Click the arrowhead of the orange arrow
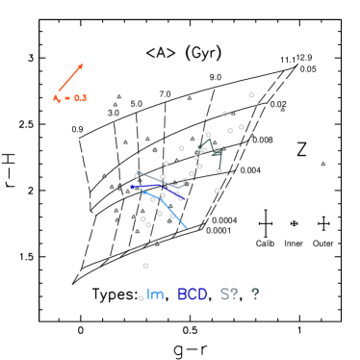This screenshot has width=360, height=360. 83,64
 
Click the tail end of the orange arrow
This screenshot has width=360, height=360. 58,92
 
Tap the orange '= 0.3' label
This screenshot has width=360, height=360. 70,98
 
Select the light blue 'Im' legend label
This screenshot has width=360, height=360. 155,295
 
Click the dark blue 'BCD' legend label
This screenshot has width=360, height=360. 193,295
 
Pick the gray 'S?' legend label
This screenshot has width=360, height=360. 228,295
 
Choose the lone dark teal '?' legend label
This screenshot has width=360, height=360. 255,295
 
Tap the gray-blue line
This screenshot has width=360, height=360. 159,180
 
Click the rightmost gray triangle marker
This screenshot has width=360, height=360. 323,164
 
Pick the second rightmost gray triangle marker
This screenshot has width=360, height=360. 283,110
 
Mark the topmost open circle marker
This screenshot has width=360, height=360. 251,95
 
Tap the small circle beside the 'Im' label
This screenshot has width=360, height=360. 141,298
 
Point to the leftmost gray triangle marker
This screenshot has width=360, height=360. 105,175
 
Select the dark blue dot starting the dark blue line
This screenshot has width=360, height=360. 133,188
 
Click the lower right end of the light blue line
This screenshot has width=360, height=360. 187,228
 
